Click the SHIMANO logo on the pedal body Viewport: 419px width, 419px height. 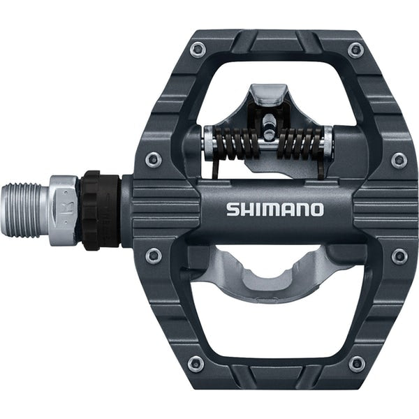(x=274, y=209)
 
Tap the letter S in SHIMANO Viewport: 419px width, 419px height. (x=232, y=209)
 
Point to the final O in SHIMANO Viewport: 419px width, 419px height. (x=316, y=209)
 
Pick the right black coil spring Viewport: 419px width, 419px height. (x=300, y=144)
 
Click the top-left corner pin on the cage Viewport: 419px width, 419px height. (x=198, y=50)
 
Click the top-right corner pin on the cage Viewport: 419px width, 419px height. (x=356, y=50)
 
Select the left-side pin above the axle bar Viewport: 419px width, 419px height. (x=154, y=160)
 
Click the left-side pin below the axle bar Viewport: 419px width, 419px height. (x=154, y=256)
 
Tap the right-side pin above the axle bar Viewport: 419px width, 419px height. (x=399, y=160)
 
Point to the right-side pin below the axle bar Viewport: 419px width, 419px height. (x=399, y=256)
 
